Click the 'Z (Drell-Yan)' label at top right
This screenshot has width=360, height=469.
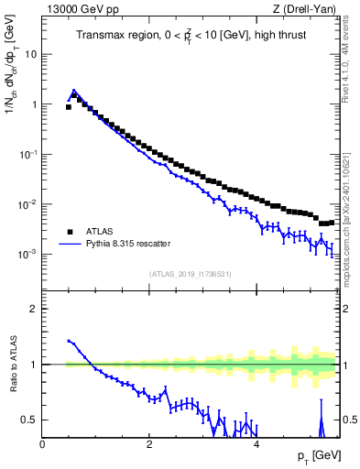click(x=309, y=10)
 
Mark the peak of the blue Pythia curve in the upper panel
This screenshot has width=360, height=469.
click(x=74, y=91)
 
